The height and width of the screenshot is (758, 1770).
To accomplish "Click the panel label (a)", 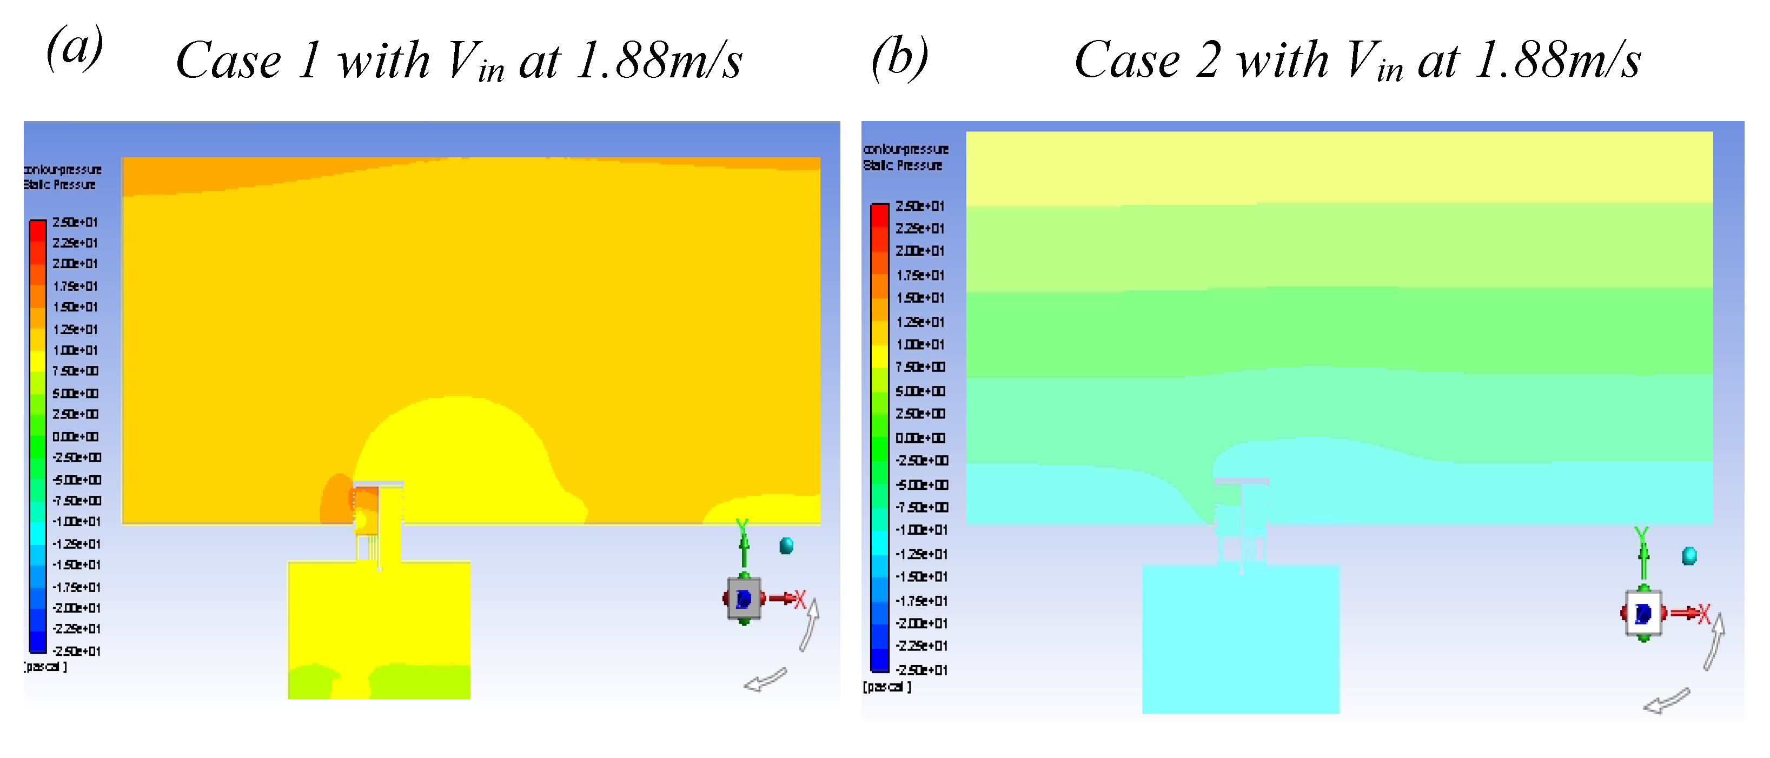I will coord(75,48).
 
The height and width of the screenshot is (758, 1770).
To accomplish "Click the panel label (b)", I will coord(899,58).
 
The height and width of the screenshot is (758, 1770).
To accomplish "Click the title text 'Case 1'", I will coord(247,61).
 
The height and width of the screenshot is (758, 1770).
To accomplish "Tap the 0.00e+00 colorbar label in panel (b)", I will coord(920,438).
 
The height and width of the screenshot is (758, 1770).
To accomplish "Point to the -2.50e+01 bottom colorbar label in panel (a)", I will coord(76,651).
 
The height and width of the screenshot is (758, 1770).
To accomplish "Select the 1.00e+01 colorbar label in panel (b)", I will coord(920,344).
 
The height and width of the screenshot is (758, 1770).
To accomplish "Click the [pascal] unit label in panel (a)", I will coord(45,667).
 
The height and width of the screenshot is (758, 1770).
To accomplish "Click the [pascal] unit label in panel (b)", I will coord(886,687).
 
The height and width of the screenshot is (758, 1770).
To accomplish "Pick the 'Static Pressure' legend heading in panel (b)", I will coord(902,165).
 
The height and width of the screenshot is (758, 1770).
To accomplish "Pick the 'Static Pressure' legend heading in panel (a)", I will coord(60,185).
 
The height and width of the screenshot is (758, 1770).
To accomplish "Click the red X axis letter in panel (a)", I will coord(799,599).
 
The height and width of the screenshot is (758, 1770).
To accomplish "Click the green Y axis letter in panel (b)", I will coord(1641,535).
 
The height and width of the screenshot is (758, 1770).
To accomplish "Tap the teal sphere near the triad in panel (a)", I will coord(786,546).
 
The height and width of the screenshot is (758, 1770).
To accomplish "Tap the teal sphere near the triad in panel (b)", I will coord(1689,555).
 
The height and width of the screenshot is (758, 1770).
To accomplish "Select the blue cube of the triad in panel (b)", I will coord(1643,613).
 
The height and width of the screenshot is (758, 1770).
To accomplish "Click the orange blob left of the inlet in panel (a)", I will coord(335,498).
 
